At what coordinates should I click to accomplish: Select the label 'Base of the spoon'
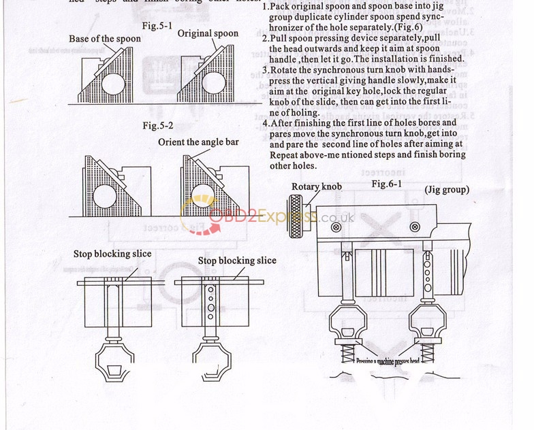pyautogui.click(x=105, y=39)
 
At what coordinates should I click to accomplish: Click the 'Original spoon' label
pyautogui.click(x=208, y=33)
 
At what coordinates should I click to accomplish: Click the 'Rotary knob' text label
pyautogui.click(x=317, y=187)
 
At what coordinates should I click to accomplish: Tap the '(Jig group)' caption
pyautogui.click(x=447, y=190)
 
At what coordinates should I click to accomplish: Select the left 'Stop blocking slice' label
pyautogui.click(x=112, y=254)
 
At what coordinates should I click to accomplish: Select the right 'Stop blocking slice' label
pyautogui.click(x=237, y=261)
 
